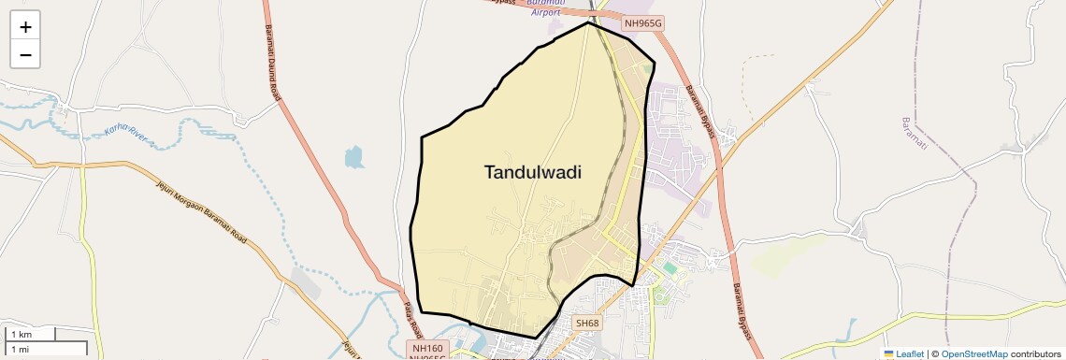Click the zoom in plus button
[25, 27]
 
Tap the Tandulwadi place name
[533, 172]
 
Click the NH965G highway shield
[643, 22]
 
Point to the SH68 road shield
[586, 323]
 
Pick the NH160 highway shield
[427, 348]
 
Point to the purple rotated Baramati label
[913, 137]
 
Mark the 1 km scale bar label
[21, 334]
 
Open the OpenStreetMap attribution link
[974, 353]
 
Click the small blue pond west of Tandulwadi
[354, 157]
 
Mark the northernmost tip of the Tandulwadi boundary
[588, 22]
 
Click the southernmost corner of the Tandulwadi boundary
[536, 338]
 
